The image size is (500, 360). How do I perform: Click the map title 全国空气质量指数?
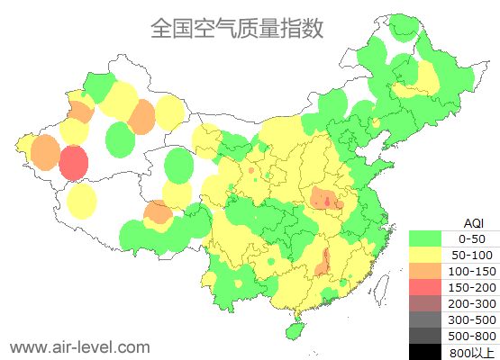pyautogui.click(x=237, y=28)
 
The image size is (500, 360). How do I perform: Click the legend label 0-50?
pyautogui.click(x=472, y=238)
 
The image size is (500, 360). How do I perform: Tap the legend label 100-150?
pyautogui.click(x=472, y=271)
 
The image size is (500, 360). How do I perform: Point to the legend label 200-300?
pyautogui.click(x=472, y=303)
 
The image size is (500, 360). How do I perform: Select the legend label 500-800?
pyautogui.click(x=472, y=336)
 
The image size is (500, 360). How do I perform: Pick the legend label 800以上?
pyautogui.click(x=472, y=352)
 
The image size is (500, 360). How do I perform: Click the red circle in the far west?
pyautogui.click(x=74, y=164)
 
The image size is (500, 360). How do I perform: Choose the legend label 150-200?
pyautogui.click(x=472, y=287)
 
